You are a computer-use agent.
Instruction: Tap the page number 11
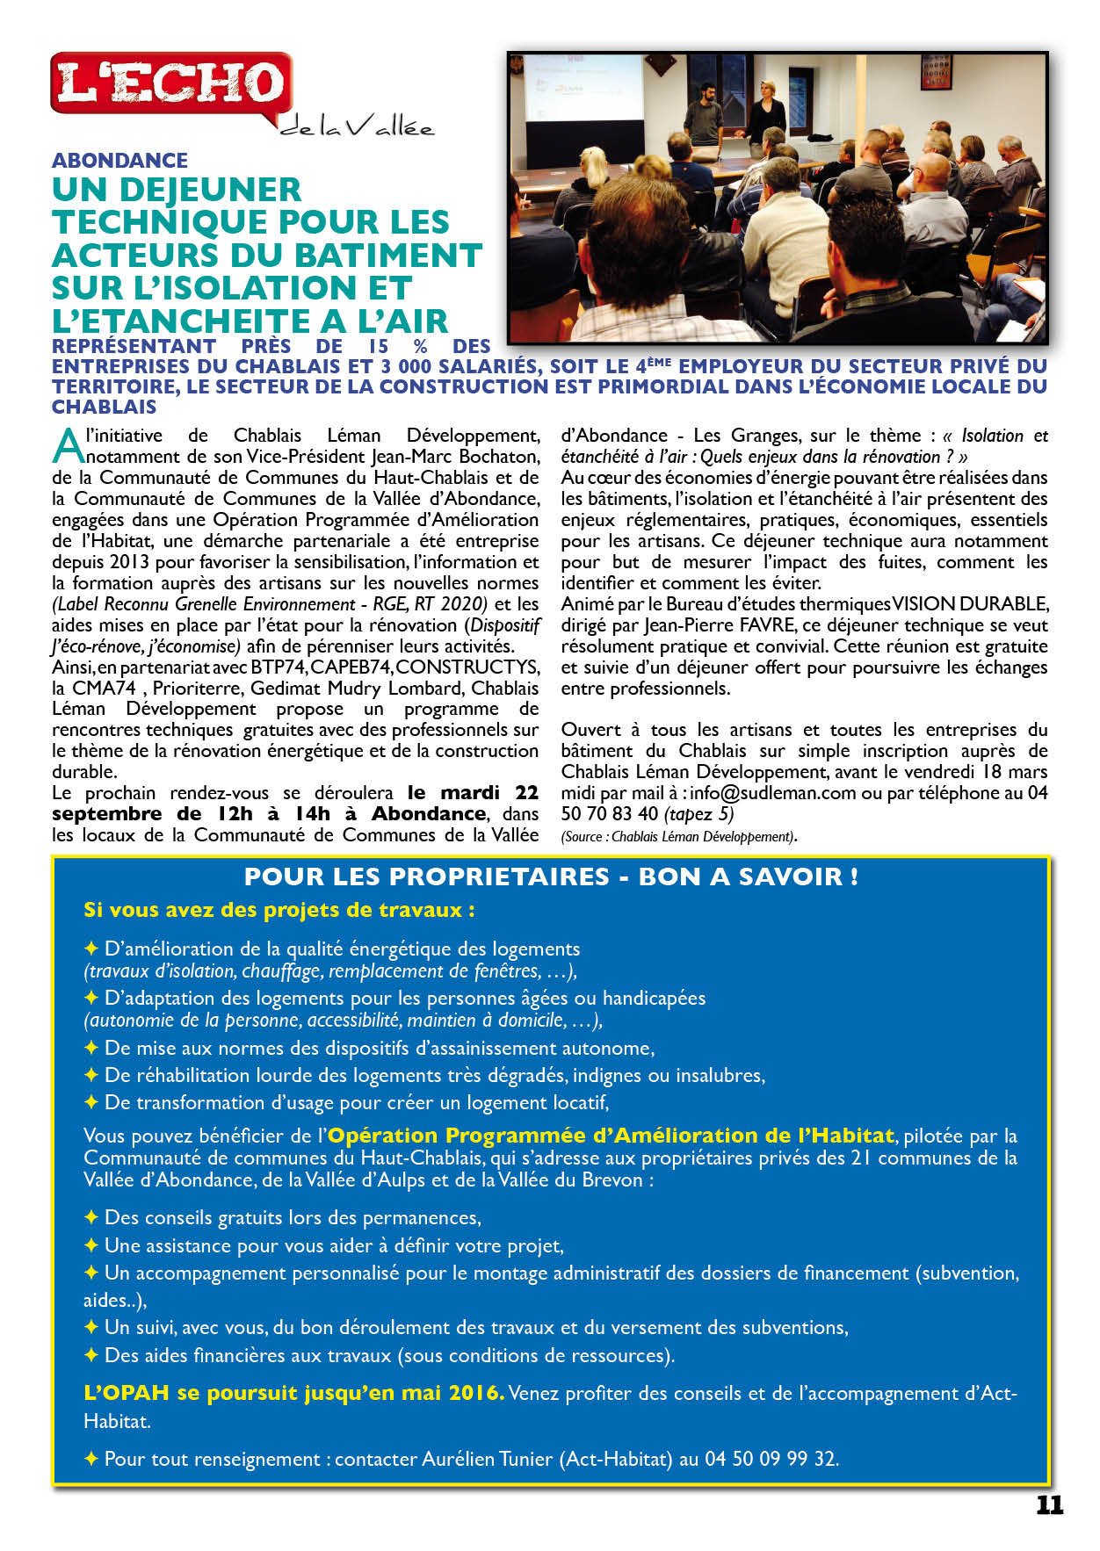coord(1049,1505)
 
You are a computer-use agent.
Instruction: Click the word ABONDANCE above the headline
coord(119,161)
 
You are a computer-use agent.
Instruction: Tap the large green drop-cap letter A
coord(68,445)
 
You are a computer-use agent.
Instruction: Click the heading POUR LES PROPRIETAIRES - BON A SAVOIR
coord(551,876)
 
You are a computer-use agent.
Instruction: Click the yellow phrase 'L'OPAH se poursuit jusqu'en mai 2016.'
coord(293,1393)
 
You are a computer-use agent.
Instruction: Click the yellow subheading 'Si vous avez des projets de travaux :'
coord(279,910)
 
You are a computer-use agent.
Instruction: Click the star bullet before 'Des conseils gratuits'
coord(90,1217)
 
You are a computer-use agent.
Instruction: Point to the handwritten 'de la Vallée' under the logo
coord(357,128)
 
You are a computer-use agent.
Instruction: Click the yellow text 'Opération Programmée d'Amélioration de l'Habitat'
coord(611,1136)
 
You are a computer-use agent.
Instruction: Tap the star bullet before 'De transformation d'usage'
coord(90,1102)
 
